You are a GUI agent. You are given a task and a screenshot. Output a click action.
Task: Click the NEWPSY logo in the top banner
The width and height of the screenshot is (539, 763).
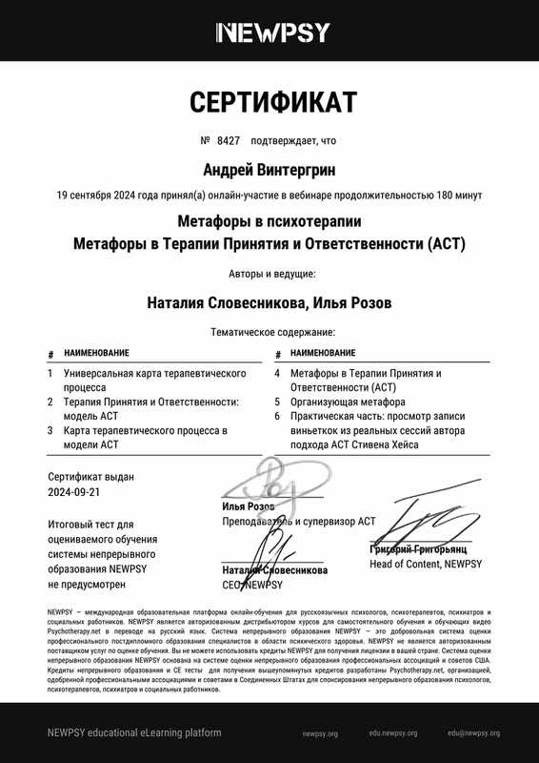(x=273, y=33)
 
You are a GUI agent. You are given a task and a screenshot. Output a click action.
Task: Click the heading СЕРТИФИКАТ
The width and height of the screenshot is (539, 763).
(x=272, y=102)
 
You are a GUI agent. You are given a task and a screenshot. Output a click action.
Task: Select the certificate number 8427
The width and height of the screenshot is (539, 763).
(x=227, y=140)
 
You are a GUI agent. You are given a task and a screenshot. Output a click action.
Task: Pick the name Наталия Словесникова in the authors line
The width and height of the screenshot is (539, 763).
(x=225, y=303)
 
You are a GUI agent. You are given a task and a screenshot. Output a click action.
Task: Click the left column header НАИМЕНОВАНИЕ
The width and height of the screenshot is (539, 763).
(x=96, y=353)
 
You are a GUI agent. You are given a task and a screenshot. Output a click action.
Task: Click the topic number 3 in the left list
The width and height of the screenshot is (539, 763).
(x=50, y=431)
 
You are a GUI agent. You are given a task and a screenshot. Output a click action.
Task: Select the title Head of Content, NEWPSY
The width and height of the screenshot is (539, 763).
(x=425, y=565)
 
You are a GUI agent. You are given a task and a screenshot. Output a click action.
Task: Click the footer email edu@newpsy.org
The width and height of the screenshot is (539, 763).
(x=473, y=733)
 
